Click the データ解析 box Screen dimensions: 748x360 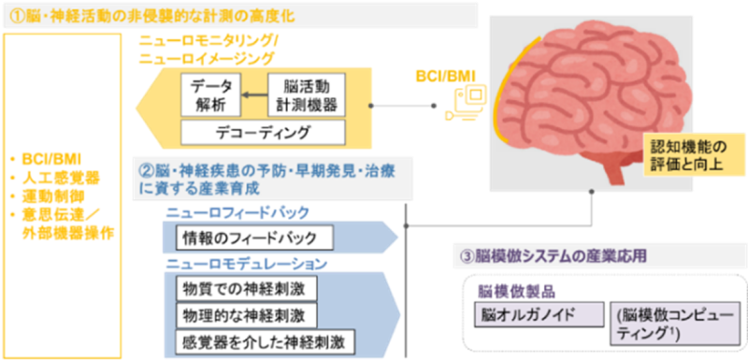211,94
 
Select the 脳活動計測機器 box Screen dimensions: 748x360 307,94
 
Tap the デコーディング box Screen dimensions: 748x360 263,132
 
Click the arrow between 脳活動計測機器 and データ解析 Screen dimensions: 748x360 254,95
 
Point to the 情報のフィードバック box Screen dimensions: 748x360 254,238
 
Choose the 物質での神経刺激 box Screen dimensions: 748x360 246,289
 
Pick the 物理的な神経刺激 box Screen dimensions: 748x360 246,315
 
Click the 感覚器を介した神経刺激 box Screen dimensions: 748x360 266,341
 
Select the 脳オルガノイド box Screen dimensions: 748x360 539,314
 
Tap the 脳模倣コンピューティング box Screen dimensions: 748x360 675,324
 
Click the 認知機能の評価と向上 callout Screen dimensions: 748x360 693,155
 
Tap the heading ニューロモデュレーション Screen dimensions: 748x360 246,263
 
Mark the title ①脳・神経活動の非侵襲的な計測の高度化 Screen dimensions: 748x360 151,17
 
